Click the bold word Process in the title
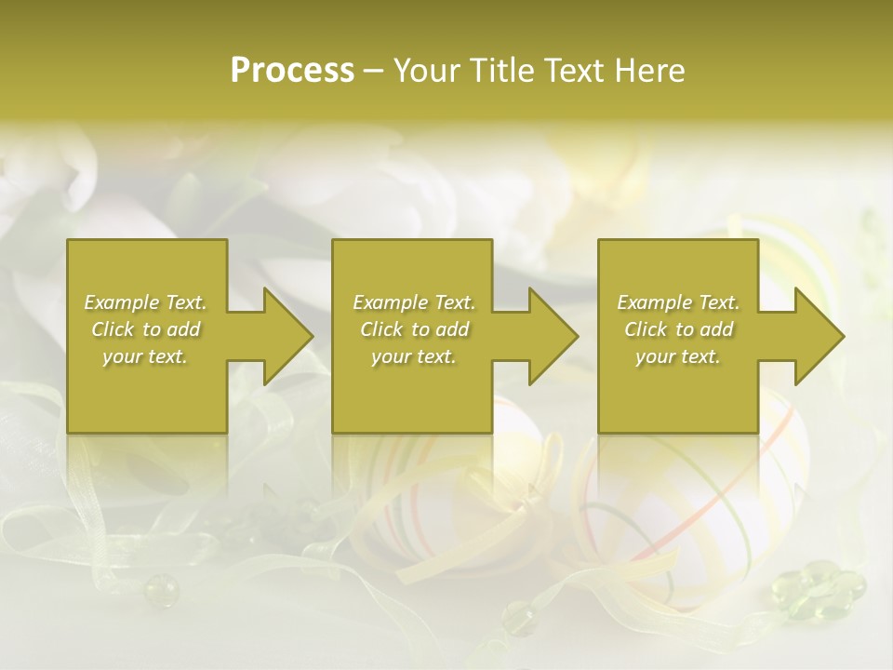[292, 71]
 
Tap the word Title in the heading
[503, 71]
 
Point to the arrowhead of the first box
[285, 336]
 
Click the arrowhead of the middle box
[550, 336]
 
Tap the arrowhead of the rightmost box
[816, 336]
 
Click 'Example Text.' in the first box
[145, 302]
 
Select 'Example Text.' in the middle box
[413, 302]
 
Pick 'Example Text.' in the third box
[677, 302]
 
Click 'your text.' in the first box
[145, 356]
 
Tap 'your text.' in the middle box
[413, 356]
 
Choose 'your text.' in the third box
[677, 356]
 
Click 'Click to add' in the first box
[145, 329]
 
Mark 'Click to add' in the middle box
[413, 329]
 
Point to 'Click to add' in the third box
[677, 329]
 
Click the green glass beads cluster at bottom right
[820, 588]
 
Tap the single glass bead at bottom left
[160, 588]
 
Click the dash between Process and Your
[373, 72]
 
